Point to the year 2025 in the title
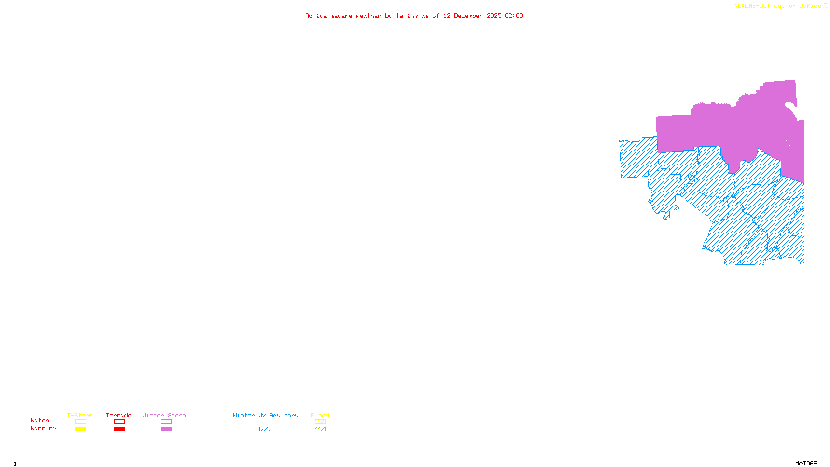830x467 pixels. pyautogui.click(x=494, y=16)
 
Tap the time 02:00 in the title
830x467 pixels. pyautogui.click(x=514, y=16)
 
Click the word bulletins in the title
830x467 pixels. pyautogui.click(x=401, y=16)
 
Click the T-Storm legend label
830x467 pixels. pyautogui.click(x=80, y=415)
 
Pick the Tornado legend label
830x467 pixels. pyautogui.click(x=119, y=415)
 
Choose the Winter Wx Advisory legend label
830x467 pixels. pyautogui.click(x=266, y=415)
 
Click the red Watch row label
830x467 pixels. pyautogui.click(x=40, y=420)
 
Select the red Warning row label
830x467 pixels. pyautogui.click(x=44, y=429)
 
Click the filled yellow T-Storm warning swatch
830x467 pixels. pyautogui.click(x=80, y=429)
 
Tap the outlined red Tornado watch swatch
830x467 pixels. pyautogui.click(x=119, y=422)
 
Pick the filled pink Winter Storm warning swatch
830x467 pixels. pyautogui.click(x=166, y=429)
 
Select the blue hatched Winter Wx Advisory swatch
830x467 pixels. pyautogui.click(x=265, y=429)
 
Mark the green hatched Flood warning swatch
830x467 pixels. pyautogui.click(x=320, y=429)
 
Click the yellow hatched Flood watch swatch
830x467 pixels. pyautogui.click(x=320, y=422)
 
